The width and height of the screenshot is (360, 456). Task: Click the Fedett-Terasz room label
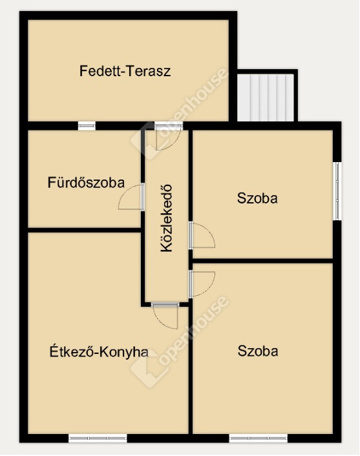125,71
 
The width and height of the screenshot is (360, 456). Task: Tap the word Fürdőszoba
86,183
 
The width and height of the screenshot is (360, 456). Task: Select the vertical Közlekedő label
167,218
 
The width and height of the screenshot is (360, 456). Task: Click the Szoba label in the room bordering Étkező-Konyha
258,351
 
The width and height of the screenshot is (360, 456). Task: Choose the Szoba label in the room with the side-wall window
257,198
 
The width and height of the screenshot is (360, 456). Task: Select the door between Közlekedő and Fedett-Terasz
168,136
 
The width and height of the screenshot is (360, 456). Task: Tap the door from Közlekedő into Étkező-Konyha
165,316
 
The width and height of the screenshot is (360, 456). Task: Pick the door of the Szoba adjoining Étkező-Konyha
202,284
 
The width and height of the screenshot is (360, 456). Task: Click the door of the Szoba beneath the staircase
202,235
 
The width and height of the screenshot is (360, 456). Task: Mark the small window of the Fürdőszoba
87,126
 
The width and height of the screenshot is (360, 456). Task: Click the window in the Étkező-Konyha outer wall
98,439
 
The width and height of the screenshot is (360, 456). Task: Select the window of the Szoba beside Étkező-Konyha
259,439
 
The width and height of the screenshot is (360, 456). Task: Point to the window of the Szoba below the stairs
337,191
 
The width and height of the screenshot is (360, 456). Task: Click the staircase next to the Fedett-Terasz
266,97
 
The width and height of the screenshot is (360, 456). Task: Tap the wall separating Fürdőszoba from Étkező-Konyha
85,231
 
